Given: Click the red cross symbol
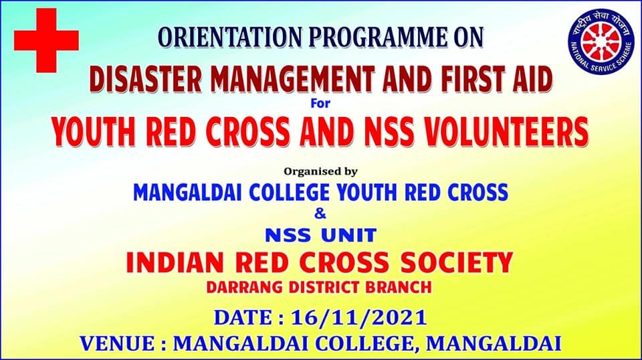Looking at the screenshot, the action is click(x=46, y=40).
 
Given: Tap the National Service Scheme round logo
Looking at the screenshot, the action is click(x=601, y=41).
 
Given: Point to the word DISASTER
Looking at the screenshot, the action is click(x=145, y=79).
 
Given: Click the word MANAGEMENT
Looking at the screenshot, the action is click(x=292, y=79).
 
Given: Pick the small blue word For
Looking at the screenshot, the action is click(x=320, y=103).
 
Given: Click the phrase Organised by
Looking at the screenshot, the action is click(x=320, y=171).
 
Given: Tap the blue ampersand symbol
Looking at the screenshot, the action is click(x=320, y=213).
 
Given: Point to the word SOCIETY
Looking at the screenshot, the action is click(x=457, y=262).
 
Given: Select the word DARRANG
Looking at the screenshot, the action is click(x=245, y=287).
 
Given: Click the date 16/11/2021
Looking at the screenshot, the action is click(x=358, y=318).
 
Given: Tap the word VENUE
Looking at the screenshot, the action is click(x=117, y=343).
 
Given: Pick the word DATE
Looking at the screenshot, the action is click(x=243, y=318).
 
